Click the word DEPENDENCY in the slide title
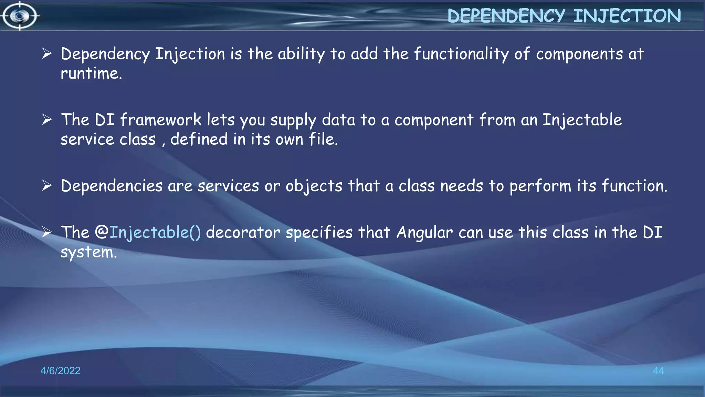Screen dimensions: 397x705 (506, 16)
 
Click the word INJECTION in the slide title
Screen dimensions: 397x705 (627, 16)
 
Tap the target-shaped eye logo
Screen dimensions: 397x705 (20, 16)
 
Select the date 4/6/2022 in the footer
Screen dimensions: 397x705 (60, 370)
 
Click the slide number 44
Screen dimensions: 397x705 (658, 370)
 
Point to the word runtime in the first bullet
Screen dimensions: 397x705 (91, 73)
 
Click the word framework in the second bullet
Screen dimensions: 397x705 (160, 120)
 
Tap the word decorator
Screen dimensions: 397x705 (243, 232)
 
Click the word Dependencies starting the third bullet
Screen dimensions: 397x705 (112, 186)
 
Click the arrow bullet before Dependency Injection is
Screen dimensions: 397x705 (46, 53)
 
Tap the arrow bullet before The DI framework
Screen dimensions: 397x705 (46, 120)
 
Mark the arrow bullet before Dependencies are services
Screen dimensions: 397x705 (46, 185)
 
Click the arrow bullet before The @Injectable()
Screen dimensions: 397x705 (46, 232)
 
